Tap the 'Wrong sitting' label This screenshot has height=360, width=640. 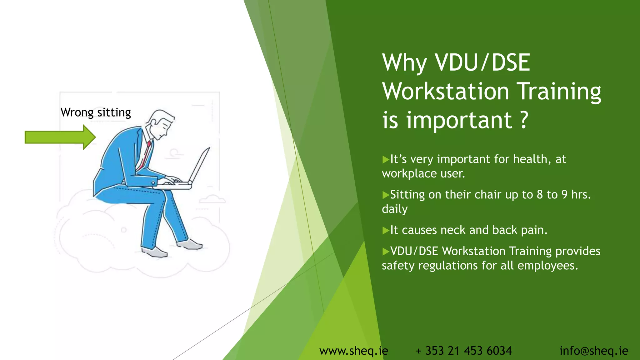[x=96, y=112]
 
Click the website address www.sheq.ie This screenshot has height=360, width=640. [x=353, y=351]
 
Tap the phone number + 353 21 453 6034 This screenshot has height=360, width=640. [x=464, y=351]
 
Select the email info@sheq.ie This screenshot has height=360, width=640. [x=593, y=351]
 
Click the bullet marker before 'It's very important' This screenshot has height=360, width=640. [x=386, y=160]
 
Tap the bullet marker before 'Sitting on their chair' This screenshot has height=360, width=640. [x=386, y=195]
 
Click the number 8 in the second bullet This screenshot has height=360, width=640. [x=540, y=195]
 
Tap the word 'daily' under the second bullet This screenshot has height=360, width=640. [x=395, y=209]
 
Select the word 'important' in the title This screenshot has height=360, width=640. [x=459, y=120]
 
